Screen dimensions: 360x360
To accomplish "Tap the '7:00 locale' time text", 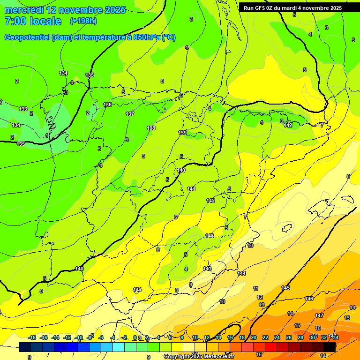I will [33, 21].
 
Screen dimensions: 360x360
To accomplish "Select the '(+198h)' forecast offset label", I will [83, 21].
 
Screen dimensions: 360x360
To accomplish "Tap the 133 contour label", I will [23, 109].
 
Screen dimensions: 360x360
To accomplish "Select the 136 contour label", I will [107, 105].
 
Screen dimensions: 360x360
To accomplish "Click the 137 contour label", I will [130, 114].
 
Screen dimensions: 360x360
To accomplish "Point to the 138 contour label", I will [151, 128].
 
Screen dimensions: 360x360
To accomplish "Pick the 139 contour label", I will [182, 133].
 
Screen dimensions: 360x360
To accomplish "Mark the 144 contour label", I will [241, 273].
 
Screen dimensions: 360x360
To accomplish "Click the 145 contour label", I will [285, 288].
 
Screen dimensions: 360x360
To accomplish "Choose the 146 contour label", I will [309, 299].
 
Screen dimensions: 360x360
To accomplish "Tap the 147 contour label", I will [319, 315].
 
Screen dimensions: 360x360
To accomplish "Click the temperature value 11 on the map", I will [255, 288].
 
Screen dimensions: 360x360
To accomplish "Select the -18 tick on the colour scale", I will [32, 337].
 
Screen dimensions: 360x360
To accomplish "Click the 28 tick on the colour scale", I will [300, 337].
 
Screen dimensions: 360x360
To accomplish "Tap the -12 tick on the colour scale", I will [67, 337].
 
